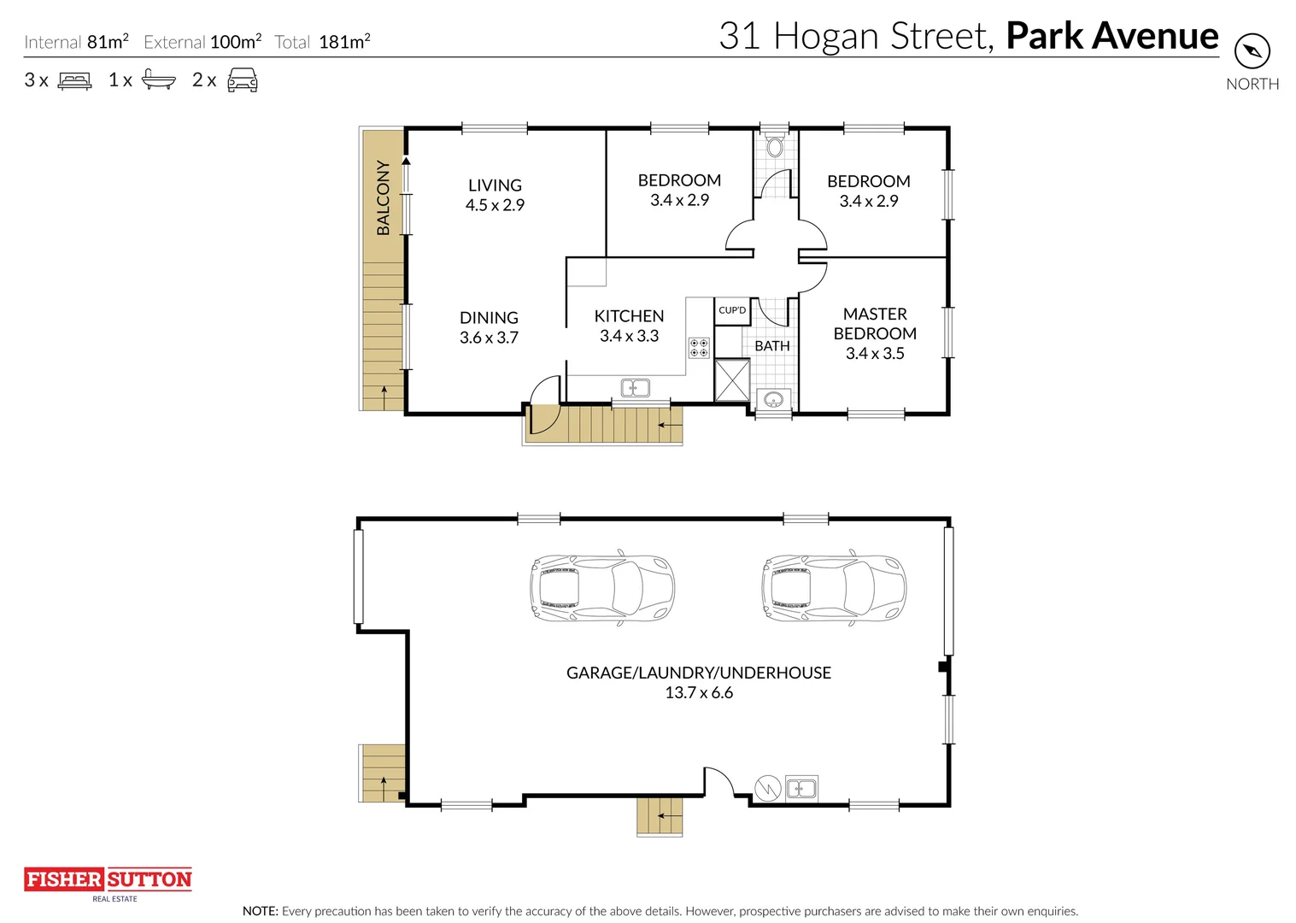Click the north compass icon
(1252, 51)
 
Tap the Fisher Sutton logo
(108, 884)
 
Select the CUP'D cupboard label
(732, 310)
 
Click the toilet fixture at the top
(774, 144)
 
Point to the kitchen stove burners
(699, 347)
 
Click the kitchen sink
(636, 388)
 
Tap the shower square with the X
(732, 380)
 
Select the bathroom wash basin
(773, 399)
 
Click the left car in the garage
(601, 587)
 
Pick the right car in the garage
(834, 587)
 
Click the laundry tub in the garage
(801, 788)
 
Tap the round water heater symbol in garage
(768, 788)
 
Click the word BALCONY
(383, 198)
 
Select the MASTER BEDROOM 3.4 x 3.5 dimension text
(875, 353)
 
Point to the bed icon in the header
(74, 79)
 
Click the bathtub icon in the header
(159, 79)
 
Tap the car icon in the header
(243, 79)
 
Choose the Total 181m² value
(344, 41)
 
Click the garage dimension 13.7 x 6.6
(699, 693)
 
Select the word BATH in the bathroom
(772, 346)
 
